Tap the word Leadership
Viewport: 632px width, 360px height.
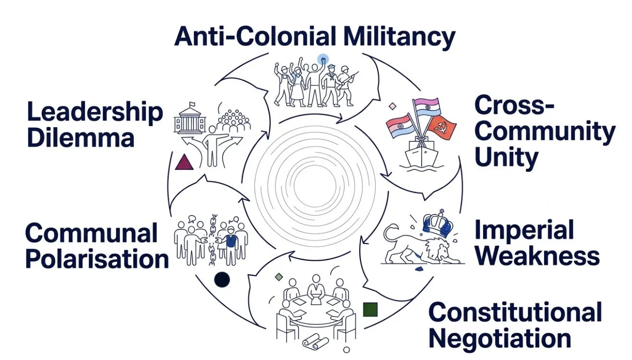95,112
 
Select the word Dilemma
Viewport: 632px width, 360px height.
80,138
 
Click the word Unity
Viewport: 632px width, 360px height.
506,157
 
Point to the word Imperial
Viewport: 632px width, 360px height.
524,230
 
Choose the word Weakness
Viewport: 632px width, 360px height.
537,256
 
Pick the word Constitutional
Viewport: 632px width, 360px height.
515,312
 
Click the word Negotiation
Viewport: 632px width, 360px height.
499,338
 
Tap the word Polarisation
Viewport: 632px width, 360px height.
97,259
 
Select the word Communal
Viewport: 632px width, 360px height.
91,233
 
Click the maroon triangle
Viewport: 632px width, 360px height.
184,162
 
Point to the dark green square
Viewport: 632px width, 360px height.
370,310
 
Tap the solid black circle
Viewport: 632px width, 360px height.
222,279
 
